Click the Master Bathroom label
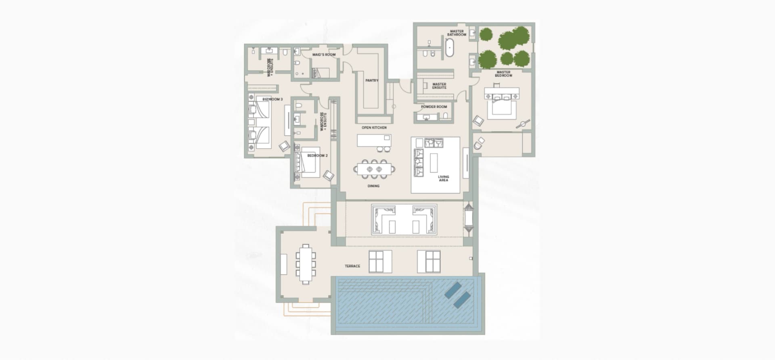click(457, 33)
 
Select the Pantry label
click(372, 80)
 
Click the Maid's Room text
click(324, 54)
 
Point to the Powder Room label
click(434, 107)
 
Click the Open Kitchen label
click(374, 128)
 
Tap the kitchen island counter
click(374, 140)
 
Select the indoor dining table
click(374, 169)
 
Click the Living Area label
click(443, 178)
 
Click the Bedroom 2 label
click(317, 155)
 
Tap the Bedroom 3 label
click(272, 99)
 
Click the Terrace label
click(352, 266)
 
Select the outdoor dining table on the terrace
click(306, 263)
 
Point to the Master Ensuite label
click(439, 86)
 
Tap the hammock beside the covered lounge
click(468, 216)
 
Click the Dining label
click(373, 186)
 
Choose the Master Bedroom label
click(503, 74)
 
